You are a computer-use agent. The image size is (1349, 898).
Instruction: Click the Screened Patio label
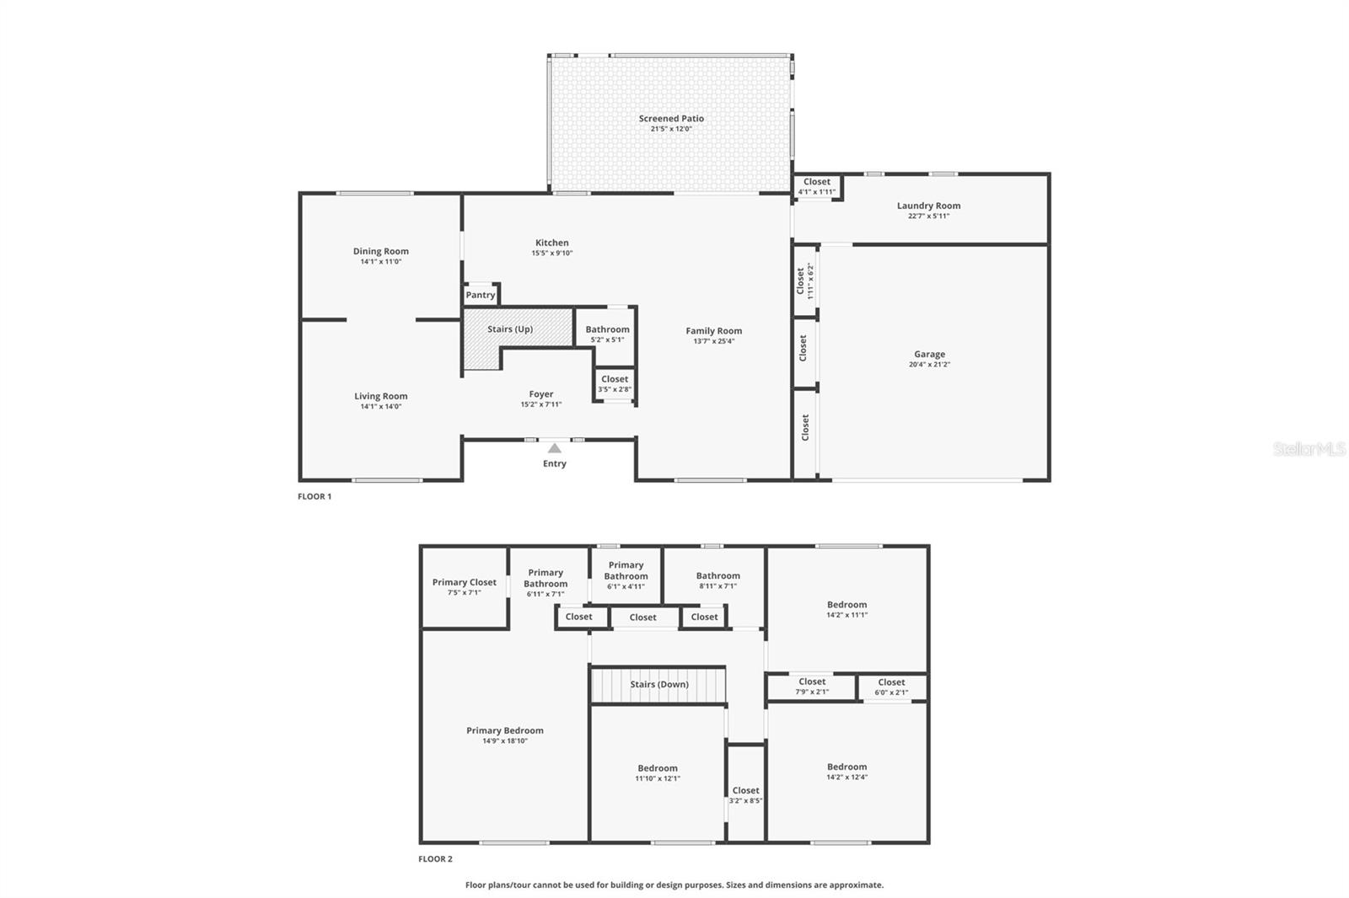pos(671,119)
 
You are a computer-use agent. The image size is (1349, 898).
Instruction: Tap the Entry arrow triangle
pos(554,448)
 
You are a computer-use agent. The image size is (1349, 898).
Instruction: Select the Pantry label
pos(481,295)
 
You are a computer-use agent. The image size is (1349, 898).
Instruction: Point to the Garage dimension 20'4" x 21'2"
pos(929,365)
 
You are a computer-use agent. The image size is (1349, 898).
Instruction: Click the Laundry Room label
pos(928,206)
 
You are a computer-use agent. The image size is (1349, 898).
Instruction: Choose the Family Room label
pos(713,331)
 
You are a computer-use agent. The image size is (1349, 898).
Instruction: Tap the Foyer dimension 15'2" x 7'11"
pos(540,404)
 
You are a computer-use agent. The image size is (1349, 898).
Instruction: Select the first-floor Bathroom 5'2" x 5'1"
pos(607,334)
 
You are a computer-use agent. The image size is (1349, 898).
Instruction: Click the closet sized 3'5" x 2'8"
pos(615,383)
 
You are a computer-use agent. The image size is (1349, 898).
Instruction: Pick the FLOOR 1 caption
pos(314,497)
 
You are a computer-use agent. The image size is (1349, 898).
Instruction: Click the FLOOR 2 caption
pos(435,859)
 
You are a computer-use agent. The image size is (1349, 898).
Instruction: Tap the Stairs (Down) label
pos(659,684)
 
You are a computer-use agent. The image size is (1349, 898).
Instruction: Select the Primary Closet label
pos(464,582)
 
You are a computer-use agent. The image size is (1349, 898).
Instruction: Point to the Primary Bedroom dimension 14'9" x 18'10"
pos(505,741)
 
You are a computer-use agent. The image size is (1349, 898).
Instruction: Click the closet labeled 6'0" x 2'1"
pos(891,687)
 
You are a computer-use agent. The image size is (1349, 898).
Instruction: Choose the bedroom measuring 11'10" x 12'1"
pos(657,772)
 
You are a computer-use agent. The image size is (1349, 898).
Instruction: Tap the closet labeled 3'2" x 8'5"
pos(745,795)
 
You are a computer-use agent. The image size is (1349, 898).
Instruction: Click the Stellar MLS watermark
pos(1309,450)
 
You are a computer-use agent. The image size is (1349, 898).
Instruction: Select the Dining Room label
pos(380,251)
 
